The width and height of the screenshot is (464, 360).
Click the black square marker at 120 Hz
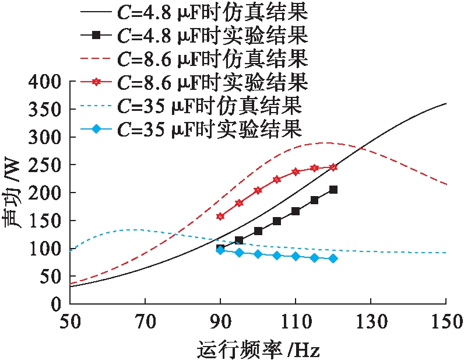pyautogui.click(x=333, y=190)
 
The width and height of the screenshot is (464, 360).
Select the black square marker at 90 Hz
pyautogui.click(x=220, y=249)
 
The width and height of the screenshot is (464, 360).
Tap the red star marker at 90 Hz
pyautogui.click(x=220, y=216)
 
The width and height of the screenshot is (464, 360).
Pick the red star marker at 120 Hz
pyautogui.click(x=333, y=167)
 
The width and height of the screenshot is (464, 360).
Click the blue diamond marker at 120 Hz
pyautogui.click(x=333, y=258)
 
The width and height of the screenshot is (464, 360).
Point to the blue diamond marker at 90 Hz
pyautogui.click(x=220, y=250)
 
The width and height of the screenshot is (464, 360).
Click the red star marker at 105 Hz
pyautogui.click(x=277, y=179)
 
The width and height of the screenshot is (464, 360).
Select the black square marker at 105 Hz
pyautogui.click(x=277, y=221)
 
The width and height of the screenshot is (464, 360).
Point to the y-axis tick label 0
pyautogui.click(x=56, y=305)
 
